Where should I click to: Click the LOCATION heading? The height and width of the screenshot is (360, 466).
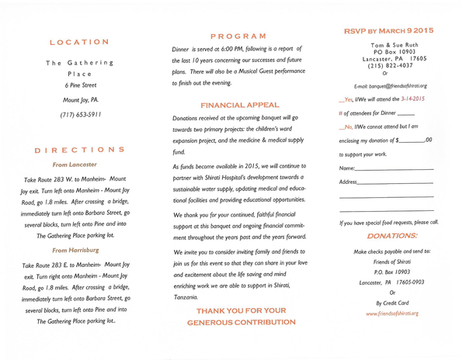pyautogui.click(x=79, y=42)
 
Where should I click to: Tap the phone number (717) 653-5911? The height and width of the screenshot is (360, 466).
pyautogui.click(x=81, y=114)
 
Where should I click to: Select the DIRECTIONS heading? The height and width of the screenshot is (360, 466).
pyautogui.click(x=81, y=150)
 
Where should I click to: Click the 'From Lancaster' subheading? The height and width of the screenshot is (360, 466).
pyautogui.click(x=75, y=164)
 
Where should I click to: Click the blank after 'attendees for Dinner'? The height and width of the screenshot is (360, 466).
pyautogui.click(x=405, y=114)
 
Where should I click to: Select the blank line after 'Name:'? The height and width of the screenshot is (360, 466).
pyautogui.click(x=395, y=168)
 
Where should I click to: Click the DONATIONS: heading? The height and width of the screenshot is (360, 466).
pyautogui.click(x=391, y=236)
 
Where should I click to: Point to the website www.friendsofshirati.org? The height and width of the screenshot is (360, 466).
pyautogui.click(x=392, y=313)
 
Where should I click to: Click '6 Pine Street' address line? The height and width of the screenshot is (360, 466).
pyautogui.click(x=81, y=85)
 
